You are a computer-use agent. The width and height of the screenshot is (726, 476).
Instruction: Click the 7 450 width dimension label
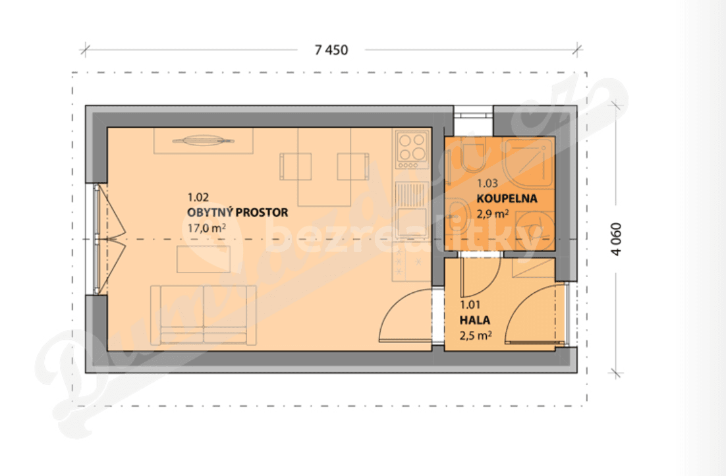(331, 49)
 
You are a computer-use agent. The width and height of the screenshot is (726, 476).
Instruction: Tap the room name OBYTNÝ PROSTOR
(237, 213)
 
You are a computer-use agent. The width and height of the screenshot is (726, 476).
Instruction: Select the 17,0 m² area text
(206, 228)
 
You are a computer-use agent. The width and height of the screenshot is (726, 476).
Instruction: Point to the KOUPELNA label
(507, 198)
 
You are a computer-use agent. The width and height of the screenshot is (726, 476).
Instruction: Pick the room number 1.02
(198, 197)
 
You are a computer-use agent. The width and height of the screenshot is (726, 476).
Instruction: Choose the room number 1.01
(471, 305)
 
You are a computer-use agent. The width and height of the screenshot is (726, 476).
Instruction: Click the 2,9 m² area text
(493, 213)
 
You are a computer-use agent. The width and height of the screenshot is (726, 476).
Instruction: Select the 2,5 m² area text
(476, 336)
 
